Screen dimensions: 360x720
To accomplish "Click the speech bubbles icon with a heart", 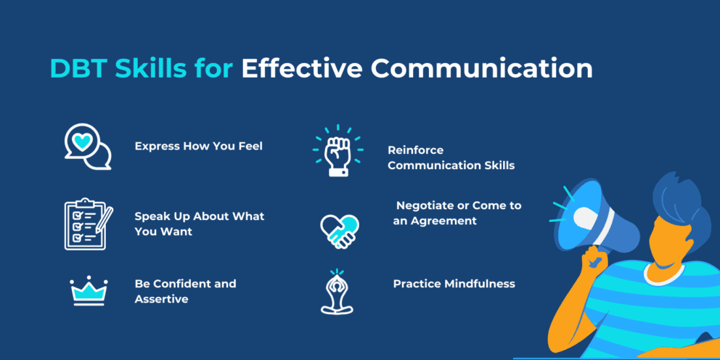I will [87, 147].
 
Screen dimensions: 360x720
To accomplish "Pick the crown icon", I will [89, 291].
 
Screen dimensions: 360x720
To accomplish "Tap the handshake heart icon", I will [339, 229].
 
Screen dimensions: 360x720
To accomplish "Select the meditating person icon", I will [337, 292].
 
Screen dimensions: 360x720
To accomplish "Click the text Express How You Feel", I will [198, 146].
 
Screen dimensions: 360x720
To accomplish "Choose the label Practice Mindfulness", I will [454, 283].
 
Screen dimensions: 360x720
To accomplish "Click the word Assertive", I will [161, 298].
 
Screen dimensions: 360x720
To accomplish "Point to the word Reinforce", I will [415, 150].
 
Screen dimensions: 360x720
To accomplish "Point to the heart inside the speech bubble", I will [83, 142].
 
